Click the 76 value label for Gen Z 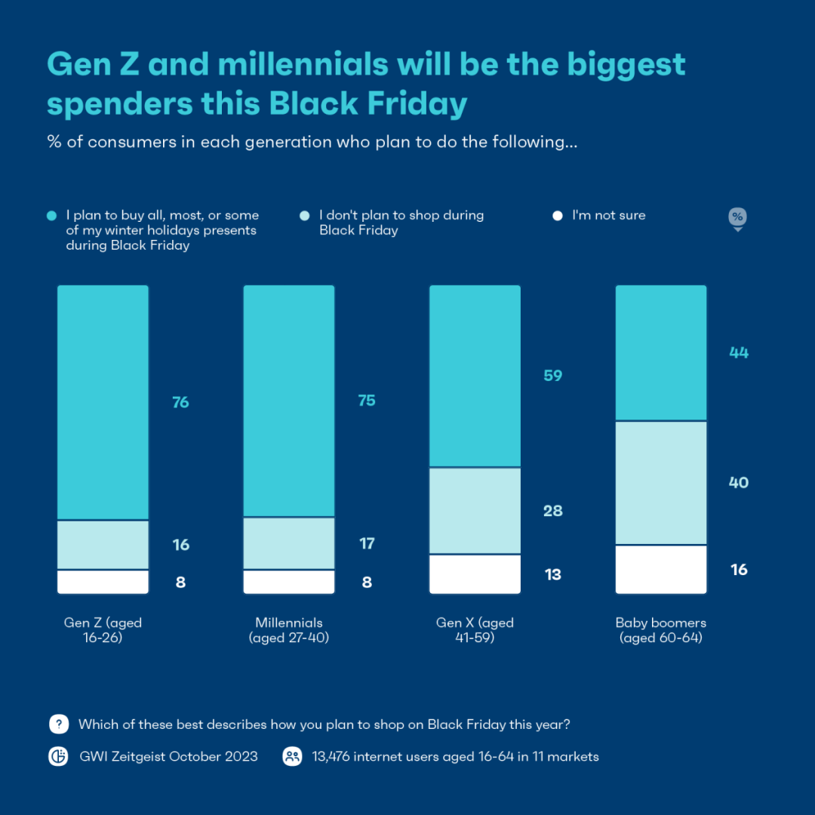click(180, 402)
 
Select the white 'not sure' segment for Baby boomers click(661, 570)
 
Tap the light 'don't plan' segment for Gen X click(475, 511)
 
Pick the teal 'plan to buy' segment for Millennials click(289, 401)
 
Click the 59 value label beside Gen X click(553, 376)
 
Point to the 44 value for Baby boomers click(739, 352)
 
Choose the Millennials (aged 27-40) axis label click(289, 630)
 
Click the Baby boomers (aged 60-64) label click(661, 630)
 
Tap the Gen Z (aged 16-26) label click(103, 630)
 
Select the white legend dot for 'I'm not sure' click(558, 216)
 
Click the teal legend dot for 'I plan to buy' click(51, 216)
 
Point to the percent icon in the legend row click(737, 217)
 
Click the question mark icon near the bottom click(59, 724)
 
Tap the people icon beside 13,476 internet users click(292, 757)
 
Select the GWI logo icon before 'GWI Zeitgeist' click(59, 757)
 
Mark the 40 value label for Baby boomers click(739, 483)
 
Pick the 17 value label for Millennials click(367, 543)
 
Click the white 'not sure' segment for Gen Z click(103, 582)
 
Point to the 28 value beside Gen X click(553, 511)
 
